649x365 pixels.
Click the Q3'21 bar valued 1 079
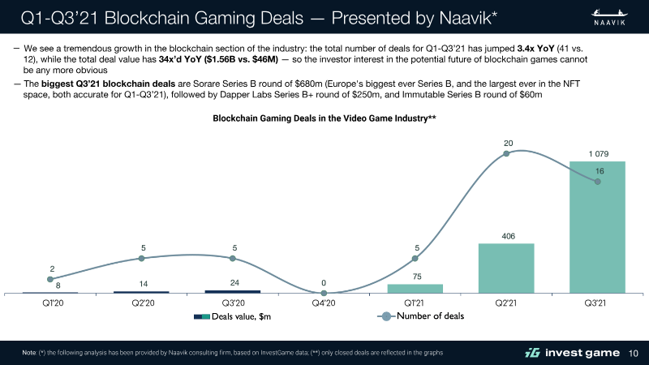point(597,227)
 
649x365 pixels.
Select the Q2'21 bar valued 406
point(506,268)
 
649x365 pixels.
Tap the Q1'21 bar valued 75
point(415,288)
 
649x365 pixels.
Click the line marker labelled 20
point(506,153)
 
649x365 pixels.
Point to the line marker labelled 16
point(598,182)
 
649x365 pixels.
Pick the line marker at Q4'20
point(324,292)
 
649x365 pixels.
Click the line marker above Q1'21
point(415,259)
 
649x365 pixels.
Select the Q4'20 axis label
point(324,304)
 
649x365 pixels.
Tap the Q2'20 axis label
point(141,304)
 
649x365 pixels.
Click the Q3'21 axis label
point(597,304)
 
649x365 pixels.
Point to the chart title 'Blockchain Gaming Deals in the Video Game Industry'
point(324,118)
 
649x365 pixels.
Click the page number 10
point(634,352)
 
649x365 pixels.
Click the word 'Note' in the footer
point(28,352)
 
